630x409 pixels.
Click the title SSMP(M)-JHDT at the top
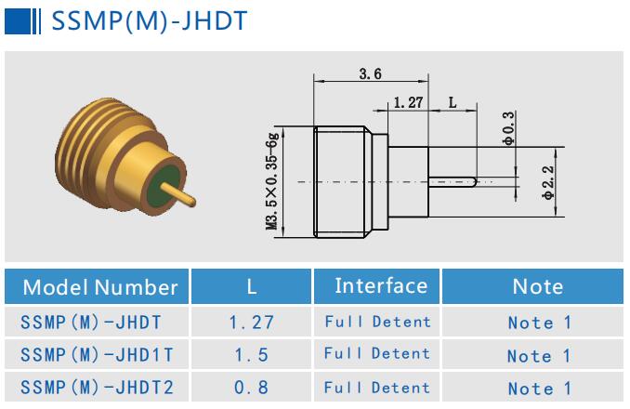click(149, 20)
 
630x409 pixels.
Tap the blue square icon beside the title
click(14, 20)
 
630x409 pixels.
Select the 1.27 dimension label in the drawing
click(409, 102)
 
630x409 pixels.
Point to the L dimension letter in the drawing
click(453, 102)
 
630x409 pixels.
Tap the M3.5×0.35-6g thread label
click(272, 181)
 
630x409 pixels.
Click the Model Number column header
click(98, 286)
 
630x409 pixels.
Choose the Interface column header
click(381, 285)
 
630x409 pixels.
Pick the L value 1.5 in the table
click(251, 355)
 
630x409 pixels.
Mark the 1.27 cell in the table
click(251, 323)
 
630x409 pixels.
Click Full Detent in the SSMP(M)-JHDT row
click(377, 322)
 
